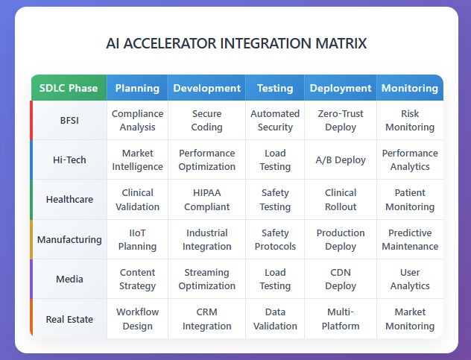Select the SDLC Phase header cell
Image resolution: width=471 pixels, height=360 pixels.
pyautogui.click(x=69, y=88)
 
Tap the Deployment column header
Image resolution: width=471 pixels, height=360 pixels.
pyautogui.click(x=341, y=88)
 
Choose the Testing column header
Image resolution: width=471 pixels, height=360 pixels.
pyautogui.click(x=275, y=88)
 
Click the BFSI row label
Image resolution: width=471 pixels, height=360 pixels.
pyautogui.click(x=69, y=120)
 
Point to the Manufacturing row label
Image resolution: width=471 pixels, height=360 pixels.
pyautogui.click(x=69, y=239)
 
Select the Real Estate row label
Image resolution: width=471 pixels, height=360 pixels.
pyautogui.click(x=69, y=319)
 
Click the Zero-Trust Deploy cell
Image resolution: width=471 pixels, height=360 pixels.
pyautogui.click(x=341, y=120)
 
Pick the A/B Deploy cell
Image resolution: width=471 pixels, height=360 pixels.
pyautogui.click(x=341, y=160)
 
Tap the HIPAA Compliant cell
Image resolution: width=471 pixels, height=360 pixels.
pyautogui.click(x=206, y=200)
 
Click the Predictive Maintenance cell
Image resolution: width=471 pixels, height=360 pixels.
pyautogui.click(x=410, y=239)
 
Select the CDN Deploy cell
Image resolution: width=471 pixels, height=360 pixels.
pyautogui.click(x=341, y=279)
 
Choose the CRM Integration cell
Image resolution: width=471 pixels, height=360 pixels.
pyautogui.click(x=206, y=319)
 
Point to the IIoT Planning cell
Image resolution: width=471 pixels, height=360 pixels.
pyautogui.click(x=137, y=239)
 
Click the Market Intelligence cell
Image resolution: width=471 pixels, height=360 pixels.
pyautogui.click(x=137, y=160)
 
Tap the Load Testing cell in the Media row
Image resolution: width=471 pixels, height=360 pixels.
pyautogui.click(x=275, y=279)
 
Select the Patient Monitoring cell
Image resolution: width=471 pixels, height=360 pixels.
pyautogui.click(x=410, y=200)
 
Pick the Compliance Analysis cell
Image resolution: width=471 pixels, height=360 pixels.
pyautogui.click(x=137, y=120)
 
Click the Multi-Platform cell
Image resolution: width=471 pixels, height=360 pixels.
pyautogui.click(x=341, y=319)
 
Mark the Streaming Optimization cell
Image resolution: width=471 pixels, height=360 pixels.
pyautogui.click(x=206, y=279)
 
